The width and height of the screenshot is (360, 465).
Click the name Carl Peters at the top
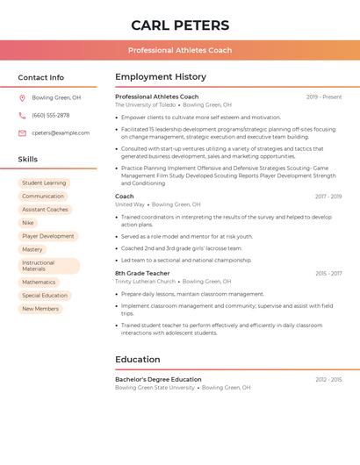click(x=180, y=25)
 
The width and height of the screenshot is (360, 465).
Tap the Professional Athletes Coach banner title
click(x=180, y=50)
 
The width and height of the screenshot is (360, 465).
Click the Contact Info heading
click(x=40, y=77)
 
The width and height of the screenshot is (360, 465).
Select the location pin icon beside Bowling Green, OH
click(x=22, y=97)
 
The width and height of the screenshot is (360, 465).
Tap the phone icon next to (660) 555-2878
click(x=22, y=115)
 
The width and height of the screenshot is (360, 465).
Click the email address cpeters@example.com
click(x=61, y=132)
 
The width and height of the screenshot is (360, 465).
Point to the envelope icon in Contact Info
click(x=22, y=132)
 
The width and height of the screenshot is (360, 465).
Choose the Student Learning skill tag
click(x=44, y=182)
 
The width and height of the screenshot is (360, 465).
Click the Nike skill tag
click(x=28, y=223)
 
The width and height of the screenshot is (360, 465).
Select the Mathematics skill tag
click(x=39, y=282)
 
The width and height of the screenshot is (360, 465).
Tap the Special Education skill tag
click(x=45, y=296)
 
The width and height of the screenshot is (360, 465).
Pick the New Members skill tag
click(x=40, y=309)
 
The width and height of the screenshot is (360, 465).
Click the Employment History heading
click(x=161, y=77)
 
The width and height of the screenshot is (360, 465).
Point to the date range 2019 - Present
click(x=324, y=97)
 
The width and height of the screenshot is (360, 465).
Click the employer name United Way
click(x=130, y=204)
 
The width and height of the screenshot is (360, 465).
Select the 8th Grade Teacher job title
click(x=142, y=273)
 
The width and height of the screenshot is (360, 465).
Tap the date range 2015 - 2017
click(x=328, y=274)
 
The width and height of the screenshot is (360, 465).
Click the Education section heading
click(x=138, y=359)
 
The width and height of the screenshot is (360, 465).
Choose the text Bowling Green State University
click(x=155, y=387)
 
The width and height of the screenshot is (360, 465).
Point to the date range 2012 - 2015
click(x=328, y=379)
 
